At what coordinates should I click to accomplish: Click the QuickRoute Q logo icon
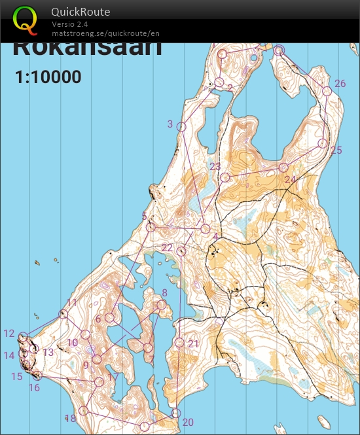tap(25, 19)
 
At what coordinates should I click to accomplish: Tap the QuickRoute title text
tap(81, 12)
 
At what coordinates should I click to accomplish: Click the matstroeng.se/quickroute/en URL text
tap(105, 33)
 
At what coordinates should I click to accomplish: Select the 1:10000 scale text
tap(48, 77)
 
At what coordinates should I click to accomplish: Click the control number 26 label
tap(340, 84)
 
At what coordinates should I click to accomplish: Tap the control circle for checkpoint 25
tap(323, 143)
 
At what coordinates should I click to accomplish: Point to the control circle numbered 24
tap(283, 167)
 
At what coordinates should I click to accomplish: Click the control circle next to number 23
tap(225, 177)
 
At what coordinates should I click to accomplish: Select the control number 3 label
tap(170, 124)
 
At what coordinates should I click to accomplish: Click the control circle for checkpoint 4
tap(206, 229)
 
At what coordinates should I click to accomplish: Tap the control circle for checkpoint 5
tap(151, 227)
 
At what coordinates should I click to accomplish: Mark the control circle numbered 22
tap(181, 251)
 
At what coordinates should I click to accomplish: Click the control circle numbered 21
tap(179, 342)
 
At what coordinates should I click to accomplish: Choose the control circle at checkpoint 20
tap(175, 413)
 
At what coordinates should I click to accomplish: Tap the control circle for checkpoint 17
tap(99, 381)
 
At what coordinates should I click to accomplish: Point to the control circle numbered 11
tap(63, 315)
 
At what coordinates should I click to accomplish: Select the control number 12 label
tap(9, 333)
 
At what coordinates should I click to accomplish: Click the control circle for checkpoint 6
tap(110, 318)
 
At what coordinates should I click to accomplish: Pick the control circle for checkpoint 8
tap(162, 305)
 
